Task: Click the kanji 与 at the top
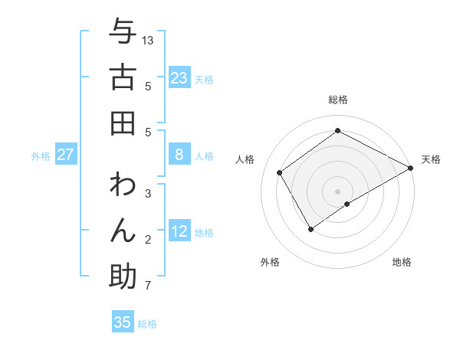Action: [x=123, y=32]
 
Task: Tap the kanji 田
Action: [x=123, y=123]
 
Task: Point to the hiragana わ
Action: [x=123, y=185]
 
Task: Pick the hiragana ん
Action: [x=123, y=231]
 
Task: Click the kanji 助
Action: [x=123, y=277]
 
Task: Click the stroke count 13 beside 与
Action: [x=149, y=40]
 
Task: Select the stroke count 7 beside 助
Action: [x=148, y=286]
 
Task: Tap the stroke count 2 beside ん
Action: [x=148, y=241]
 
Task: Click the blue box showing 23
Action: [x=179, y=78]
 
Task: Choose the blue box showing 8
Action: [x=179, y=155]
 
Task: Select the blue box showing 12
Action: [x=179, y=231]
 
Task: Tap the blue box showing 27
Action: [x=66, y=155]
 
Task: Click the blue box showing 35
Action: [x=123, y=322]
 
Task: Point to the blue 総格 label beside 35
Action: [x=147, y=324]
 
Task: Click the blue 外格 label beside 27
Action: [x=41, y=156]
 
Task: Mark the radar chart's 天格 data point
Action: [x=411, y=169]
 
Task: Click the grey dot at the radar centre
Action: [x=337, y=191]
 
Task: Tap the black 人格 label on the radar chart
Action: [x=245, y=159]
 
